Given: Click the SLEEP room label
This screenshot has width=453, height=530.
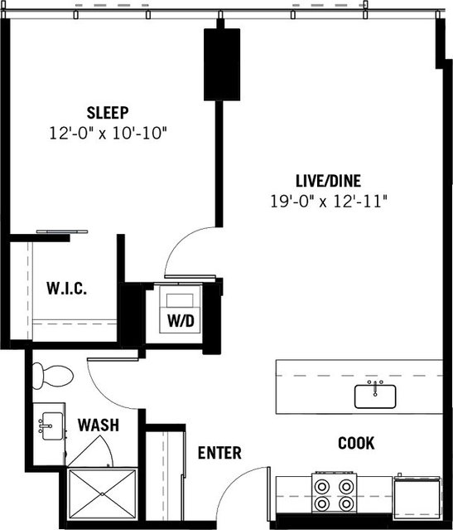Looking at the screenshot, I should tap(109, 112).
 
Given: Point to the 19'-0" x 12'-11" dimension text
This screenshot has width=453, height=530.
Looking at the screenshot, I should tap(329, 200).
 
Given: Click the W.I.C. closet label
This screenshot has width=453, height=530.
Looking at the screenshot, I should tap(66, 289).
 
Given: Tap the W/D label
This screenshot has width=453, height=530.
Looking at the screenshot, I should tap(181, 319).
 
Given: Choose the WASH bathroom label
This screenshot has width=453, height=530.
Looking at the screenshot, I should tap(98, 425).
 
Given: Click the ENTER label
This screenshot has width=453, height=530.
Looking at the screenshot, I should tap(219, 453).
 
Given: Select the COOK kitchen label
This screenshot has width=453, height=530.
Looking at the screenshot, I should tap(356, 443).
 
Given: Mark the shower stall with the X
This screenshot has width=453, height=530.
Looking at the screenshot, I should tap(102, 494).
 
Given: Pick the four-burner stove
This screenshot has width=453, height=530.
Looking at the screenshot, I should tap(334, 494).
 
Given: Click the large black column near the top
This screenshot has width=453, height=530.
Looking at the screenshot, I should tap(221, 64).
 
